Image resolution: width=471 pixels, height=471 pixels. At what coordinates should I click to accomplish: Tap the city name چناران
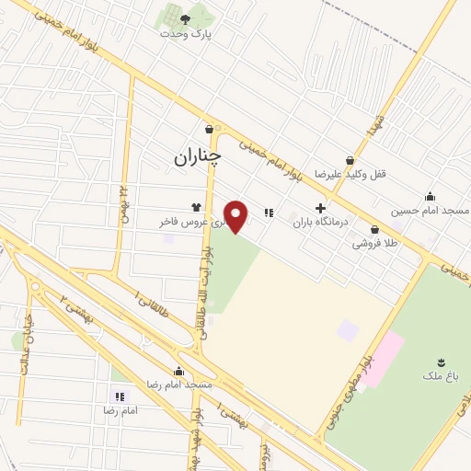197,157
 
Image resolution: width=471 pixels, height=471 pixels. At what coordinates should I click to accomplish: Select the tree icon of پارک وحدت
185,18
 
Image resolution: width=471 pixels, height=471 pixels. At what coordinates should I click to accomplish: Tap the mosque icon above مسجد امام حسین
430,196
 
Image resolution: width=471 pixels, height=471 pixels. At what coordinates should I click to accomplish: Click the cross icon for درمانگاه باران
320,209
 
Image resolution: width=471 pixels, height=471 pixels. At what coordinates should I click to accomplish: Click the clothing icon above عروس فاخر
195,207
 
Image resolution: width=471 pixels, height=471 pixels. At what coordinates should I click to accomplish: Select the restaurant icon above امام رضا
119,396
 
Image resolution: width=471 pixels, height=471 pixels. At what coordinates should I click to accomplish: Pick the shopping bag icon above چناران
210,130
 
